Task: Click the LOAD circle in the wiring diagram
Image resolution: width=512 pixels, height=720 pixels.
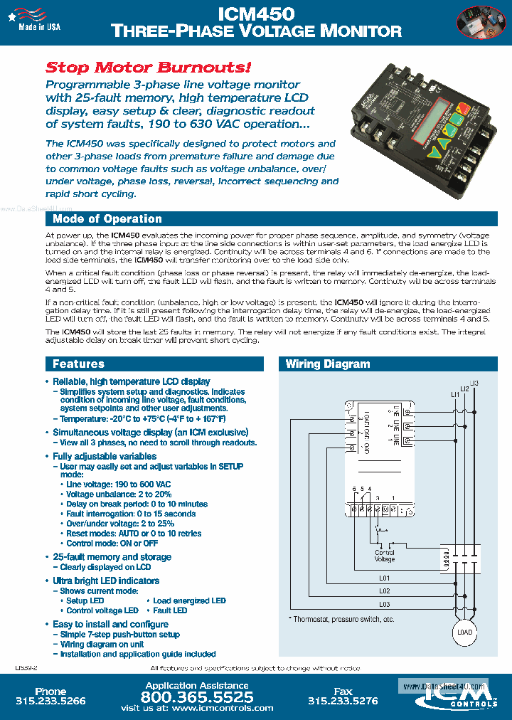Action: tap(463, 632)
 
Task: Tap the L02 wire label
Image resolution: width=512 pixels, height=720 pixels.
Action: tap(384, 591)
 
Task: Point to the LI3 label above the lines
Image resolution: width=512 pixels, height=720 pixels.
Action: tap(474, 384)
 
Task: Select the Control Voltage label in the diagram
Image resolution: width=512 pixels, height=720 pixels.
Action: tap(385, 556)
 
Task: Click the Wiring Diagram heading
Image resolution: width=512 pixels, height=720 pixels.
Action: tap(328, 364)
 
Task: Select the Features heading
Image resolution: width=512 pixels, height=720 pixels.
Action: tap(78, 364)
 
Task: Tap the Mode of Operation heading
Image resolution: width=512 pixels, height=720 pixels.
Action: tap(107, 219)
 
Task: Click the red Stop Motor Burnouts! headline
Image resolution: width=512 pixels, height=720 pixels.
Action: tap(148, 68)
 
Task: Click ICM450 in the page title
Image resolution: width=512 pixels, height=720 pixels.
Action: tap(255, 14)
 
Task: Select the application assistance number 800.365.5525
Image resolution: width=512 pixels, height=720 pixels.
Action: tap(197, 697)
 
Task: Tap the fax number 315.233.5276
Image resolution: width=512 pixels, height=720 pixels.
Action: tap(343, 701)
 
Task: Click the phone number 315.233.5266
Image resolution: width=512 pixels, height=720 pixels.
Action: tap(50, 701)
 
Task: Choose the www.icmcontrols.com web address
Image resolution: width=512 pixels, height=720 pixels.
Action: tap(223, 708)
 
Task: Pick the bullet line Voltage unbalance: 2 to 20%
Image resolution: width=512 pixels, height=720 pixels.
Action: tap(119, 494)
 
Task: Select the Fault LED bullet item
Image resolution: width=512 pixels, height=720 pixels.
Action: tap(170, 610)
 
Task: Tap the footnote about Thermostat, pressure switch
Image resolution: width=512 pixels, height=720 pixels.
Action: tap(341, 620)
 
